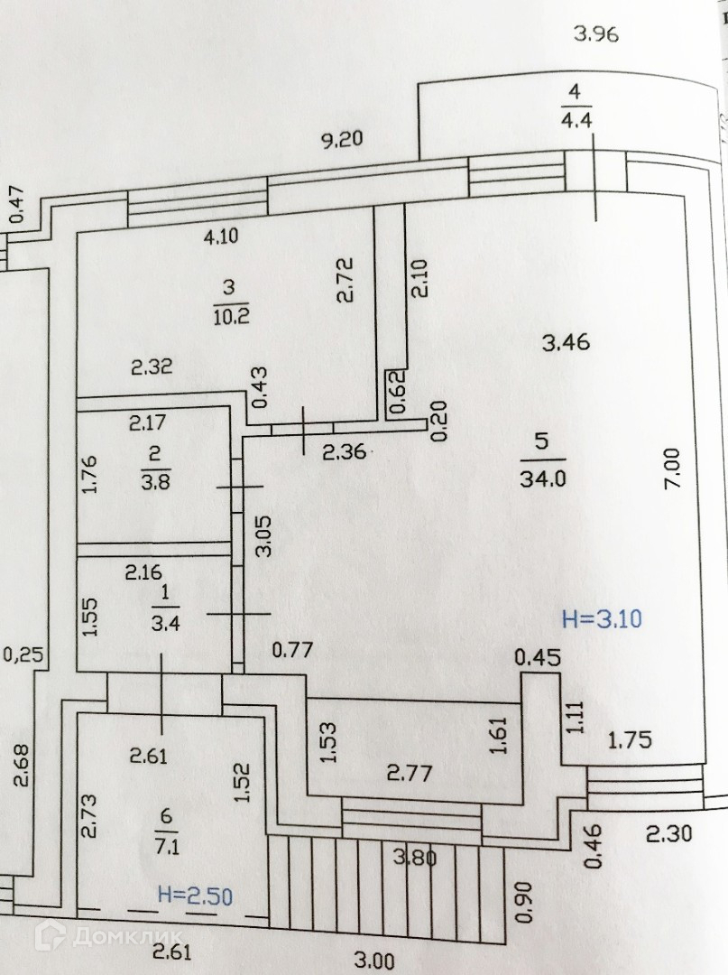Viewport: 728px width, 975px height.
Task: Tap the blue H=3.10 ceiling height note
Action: [x=601, y=618]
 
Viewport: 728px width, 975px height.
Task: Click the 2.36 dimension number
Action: [x=346, y=452]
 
